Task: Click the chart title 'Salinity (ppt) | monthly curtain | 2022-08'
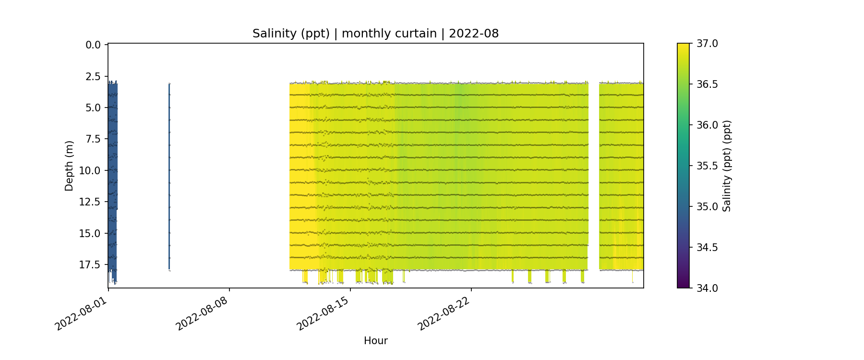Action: [375, 34]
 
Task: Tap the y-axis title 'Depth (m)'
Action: [69, 166]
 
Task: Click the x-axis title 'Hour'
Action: [375, 341]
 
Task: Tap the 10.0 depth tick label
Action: [90, 171]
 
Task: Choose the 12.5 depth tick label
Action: [90, 202]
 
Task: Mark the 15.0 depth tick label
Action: [90, 234]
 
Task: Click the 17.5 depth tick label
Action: [90, 265]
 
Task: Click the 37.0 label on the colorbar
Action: [707, 44]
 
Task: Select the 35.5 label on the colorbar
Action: [707, 166]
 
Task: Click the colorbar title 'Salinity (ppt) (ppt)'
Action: [727, 166]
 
